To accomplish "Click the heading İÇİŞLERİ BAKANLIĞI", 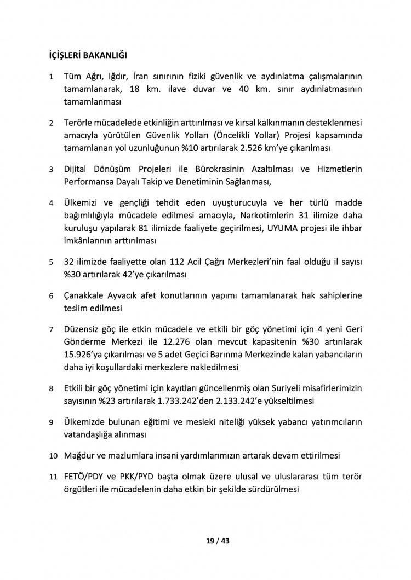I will click(x=88, y=55).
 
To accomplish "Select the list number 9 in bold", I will click(x=52, y=423).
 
